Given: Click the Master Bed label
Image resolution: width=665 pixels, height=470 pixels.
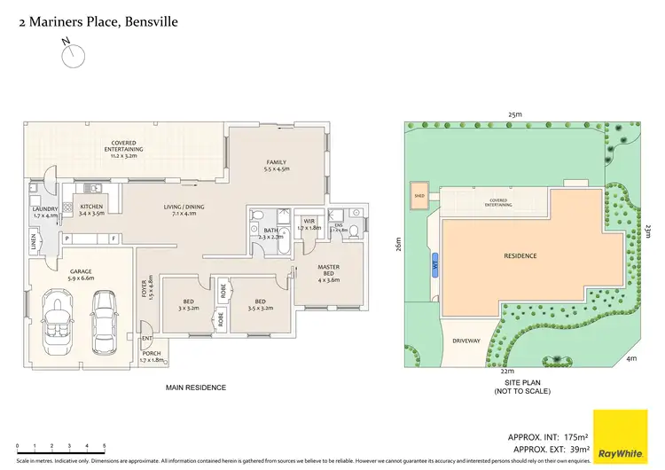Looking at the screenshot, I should pos(328,272).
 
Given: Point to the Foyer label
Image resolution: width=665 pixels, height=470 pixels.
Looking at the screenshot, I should pos(144,288).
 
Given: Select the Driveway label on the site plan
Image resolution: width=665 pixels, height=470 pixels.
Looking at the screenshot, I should pos(466,340).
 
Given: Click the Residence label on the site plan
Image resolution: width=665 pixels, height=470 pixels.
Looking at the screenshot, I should pos(520,256).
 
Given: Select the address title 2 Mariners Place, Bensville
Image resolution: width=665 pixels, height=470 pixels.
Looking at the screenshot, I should pos(98,20).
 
